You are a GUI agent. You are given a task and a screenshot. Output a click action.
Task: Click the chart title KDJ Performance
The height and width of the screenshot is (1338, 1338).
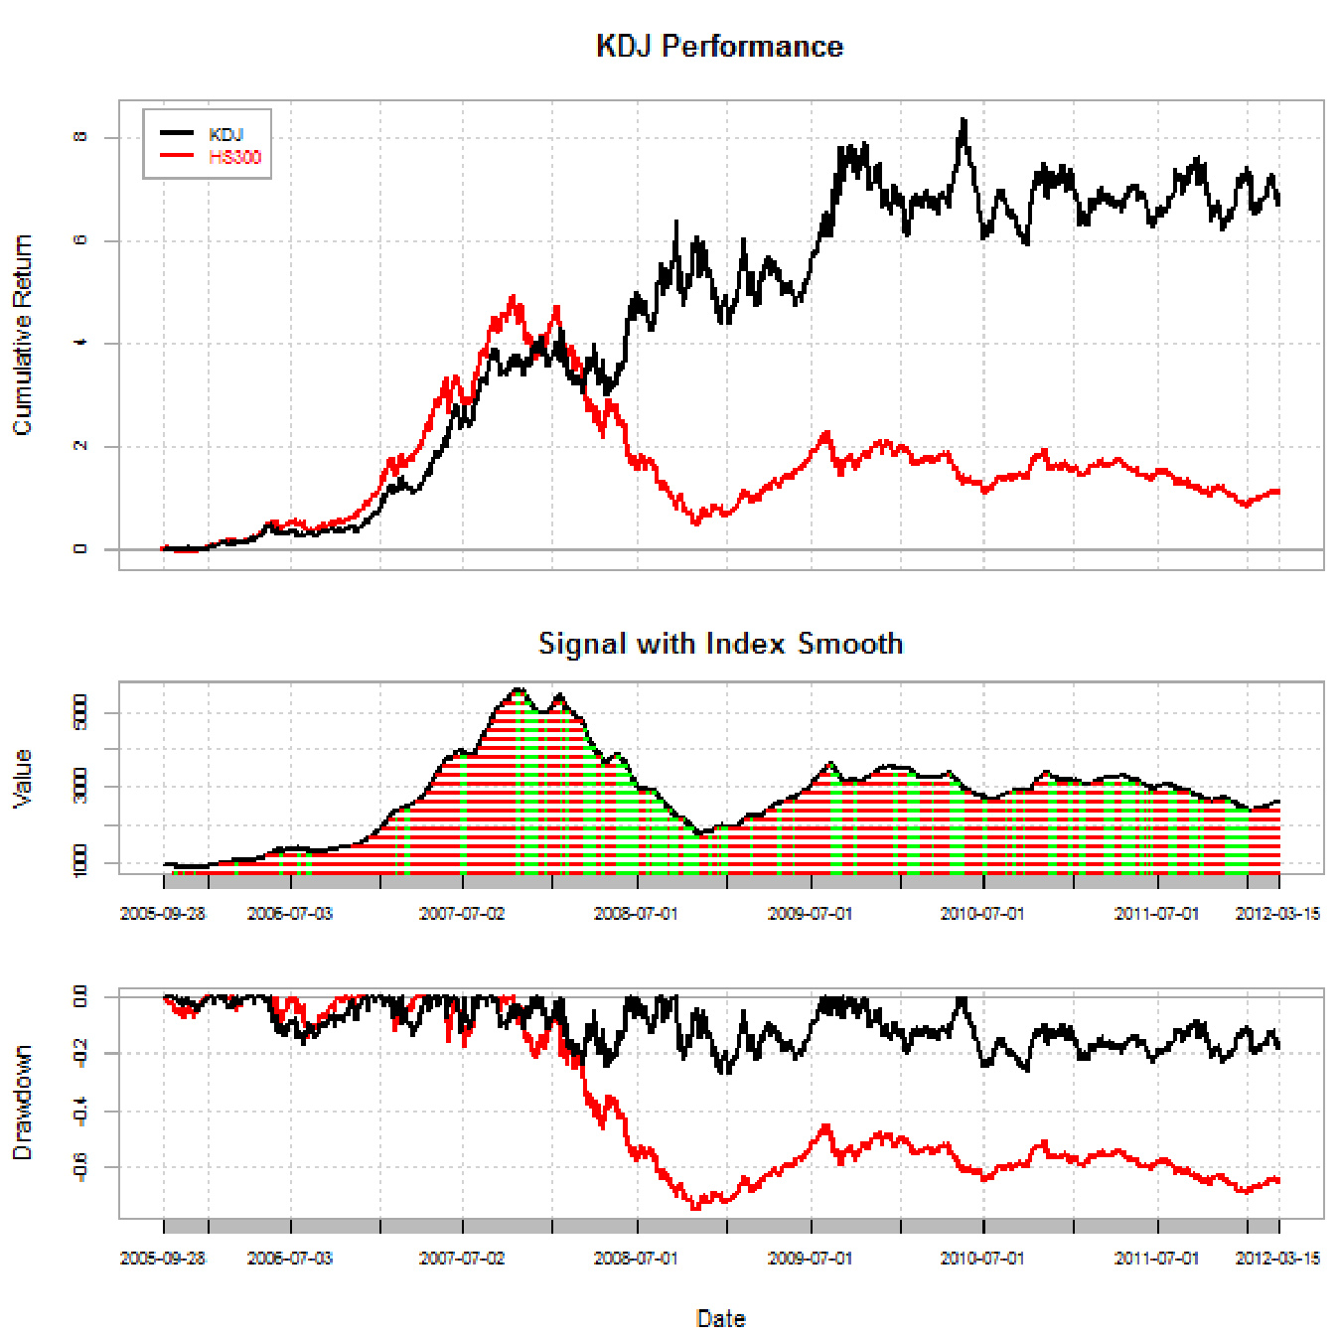[x=719, y=47]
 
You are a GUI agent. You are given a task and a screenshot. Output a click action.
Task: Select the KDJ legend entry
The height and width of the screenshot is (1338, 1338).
[x=225, y=134]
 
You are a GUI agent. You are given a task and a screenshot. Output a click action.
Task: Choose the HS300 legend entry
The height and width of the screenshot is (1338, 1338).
[x=234, y=157]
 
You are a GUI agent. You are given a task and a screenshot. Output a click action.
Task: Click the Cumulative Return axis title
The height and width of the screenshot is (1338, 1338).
[x=22, y=335]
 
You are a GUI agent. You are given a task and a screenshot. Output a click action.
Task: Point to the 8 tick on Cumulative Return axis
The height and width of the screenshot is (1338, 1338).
[x=80, y=137]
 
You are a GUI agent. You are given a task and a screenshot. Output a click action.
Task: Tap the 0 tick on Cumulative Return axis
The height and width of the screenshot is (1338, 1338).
[x=80, y=549]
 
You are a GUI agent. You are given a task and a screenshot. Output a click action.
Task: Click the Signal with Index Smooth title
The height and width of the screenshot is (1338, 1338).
[x=720, y=644]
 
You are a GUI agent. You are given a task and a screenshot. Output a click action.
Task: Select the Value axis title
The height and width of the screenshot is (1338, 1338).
[x=22, y=778]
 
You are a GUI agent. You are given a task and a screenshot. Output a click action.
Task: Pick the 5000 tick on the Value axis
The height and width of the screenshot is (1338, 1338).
[x=80, y=713]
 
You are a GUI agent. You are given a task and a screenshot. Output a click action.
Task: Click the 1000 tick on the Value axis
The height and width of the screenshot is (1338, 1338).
[x=80, y=861]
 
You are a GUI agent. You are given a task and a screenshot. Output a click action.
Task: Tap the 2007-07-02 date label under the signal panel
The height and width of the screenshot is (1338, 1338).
[x=462, y=914]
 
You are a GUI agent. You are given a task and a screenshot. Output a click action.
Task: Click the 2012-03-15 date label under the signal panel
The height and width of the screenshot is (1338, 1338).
[x=1277, y=914]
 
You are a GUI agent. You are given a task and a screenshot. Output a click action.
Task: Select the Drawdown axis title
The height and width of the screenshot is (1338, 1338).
[x=22, y=1103]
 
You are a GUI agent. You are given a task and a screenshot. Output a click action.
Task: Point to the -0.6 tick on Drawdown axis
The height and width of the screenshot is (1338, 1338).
[x=80, y=1166]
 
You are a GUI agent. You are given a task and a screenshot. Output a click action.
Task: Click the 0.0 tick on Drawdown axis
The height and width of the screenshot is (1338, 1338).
[x=80, y=996]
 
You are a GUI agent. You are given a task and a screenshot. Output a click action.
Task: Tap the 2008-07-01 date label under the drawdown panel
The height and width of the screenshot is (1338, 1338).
[x=636, y=1259]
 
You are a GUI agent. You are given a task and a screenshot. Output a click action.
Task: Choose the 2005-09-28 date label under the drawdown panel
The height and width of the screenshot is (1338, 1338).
[x=163, y=1259]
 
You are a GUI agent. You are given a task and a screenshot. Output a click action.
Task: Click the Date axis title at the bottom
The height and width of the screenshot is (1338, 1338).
[x=720, y=1319]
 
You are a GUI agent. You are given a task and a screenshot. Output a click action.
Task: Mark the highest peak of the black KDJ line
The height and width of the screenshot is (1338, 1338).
[x=963, y=120]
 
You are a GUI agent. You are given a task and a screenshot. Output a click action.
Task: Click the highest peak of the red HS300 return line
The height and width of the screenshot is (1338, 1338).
[x=513, y=296]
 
